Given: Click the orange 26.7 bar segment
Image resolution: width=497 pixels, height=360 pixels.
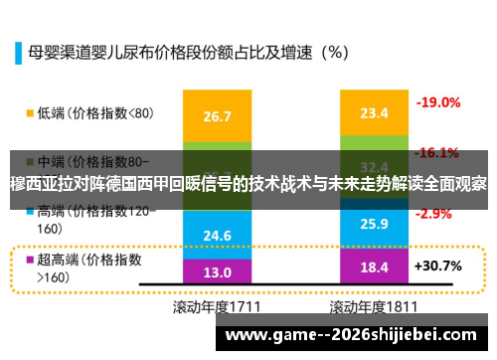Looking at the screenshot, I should tap(217, 116).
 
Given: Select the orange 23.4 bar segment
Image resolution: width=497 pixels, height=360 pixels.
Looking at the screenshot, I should tap(374, 112).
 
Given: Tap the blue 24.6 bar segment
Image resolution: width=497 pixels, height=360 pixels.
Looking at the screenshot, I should tap(217, 233).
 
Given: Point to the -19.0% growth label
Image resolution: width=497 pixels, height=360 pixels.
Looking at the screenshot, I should tap(437, 102).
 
